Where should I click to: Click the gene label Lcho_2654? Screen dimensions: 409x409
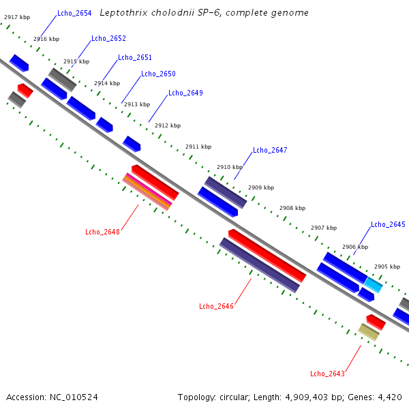tap(74, 13)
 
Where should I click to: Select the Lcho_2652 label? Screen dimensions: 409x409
tap(108, 38)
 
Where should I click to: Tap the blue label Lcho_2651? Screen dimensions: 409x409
tap(135, 57)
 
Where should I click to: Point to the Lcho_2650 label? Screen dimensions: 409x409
tap(158, 74)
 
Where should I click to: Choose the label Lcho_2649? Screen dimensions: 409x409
tap(185, 93)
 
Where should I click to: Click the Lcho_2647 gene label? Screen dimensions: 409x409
tap(270, 150)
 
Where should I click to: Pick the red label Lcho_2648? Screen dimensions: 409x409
tap(102, 232)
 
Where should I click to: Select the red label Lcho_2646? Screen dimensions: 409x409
tap(216, 306)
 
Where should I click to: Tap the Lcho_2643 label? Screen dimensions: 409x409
tap(327, 374)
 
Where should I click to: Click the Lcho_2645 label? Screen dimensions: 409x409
tap(388, 224)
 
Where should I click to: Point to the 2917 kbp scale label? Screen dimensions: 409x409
tap(17, 17)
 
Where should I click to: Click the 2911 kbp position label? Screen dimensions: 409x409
tap(198, 147)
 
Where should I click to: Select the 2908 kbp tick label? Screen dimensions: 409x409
tap(292, 208)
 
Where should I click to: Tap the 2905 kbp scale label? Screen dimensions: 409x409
tap(387, 267)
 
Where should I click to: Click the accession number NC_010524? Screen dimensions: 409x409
tap(74, 397)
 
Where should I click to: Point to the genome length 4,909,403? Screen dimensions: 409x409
tap(306, 397)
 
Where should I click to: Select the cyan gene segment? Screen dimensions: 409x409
tap(374, 285)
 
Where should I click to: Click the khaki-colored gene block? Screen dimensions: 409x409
tap(369, 332)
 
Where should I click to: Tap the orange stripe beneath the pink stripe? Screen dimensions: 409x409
tap(147, 192)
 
